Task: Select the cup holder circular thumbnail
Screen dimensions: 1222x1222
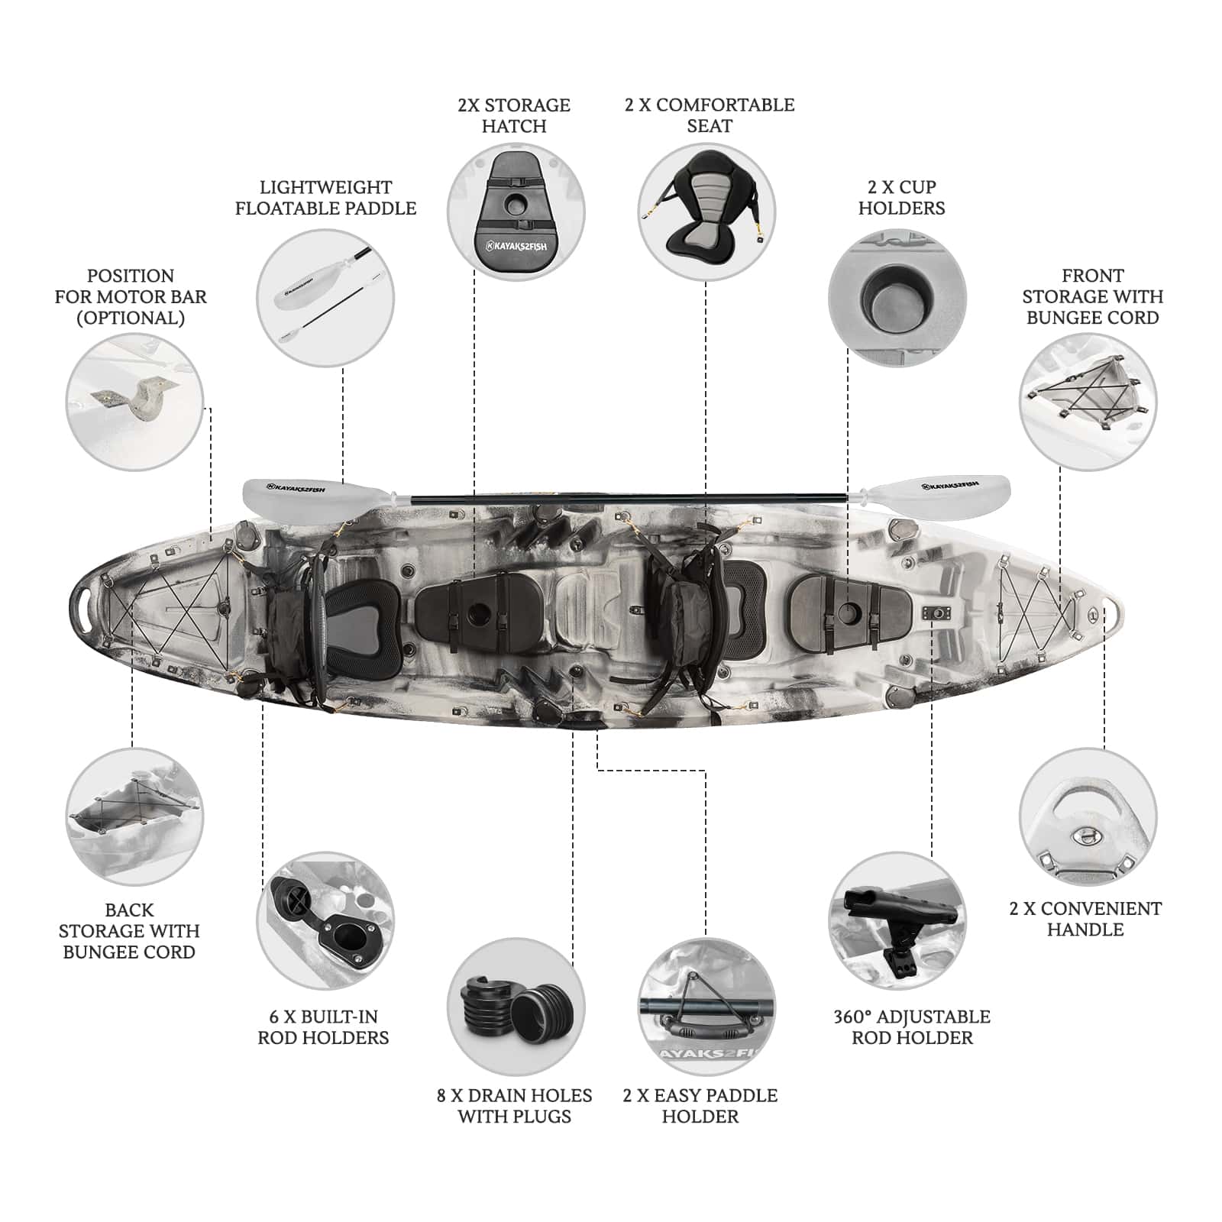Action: click(897, 298)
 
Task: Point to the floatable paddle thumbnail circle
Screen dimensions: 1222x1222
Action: click(325, 298)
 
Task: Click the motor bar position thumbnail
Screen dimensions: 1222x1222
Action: click(134, 402)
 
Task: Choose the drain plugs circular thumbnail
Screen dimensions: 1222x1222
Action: click(516, 1007)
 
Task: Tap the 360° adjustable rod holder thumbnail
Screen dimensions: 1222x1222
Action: click(897, 921)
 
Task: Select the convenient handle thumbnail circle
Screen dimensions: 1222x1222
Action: click(1088, 817)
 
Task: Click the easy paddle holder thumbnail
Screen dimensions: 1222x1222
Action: click(706, 1007)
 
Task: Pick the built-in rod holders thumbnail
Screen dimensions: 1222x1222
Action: click(325, 921)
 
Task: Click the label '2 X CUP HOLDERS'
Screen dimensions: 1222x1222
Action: click(901, 198)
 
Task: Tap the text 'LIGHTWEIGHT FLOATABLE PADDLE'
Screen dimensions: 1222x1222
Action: click(326, 198)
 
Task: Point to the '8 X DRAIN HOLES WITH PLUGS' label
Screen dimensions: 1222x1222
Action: click(514, 1106)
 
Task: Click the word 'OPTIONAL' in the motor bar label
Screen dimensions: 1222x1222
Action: click(131, 318)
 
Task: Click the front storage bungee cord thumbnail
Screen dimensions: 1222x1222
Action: click(1088, 402)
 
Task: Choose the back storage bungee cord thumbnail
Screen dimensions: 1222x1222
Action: click(134, 817)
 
